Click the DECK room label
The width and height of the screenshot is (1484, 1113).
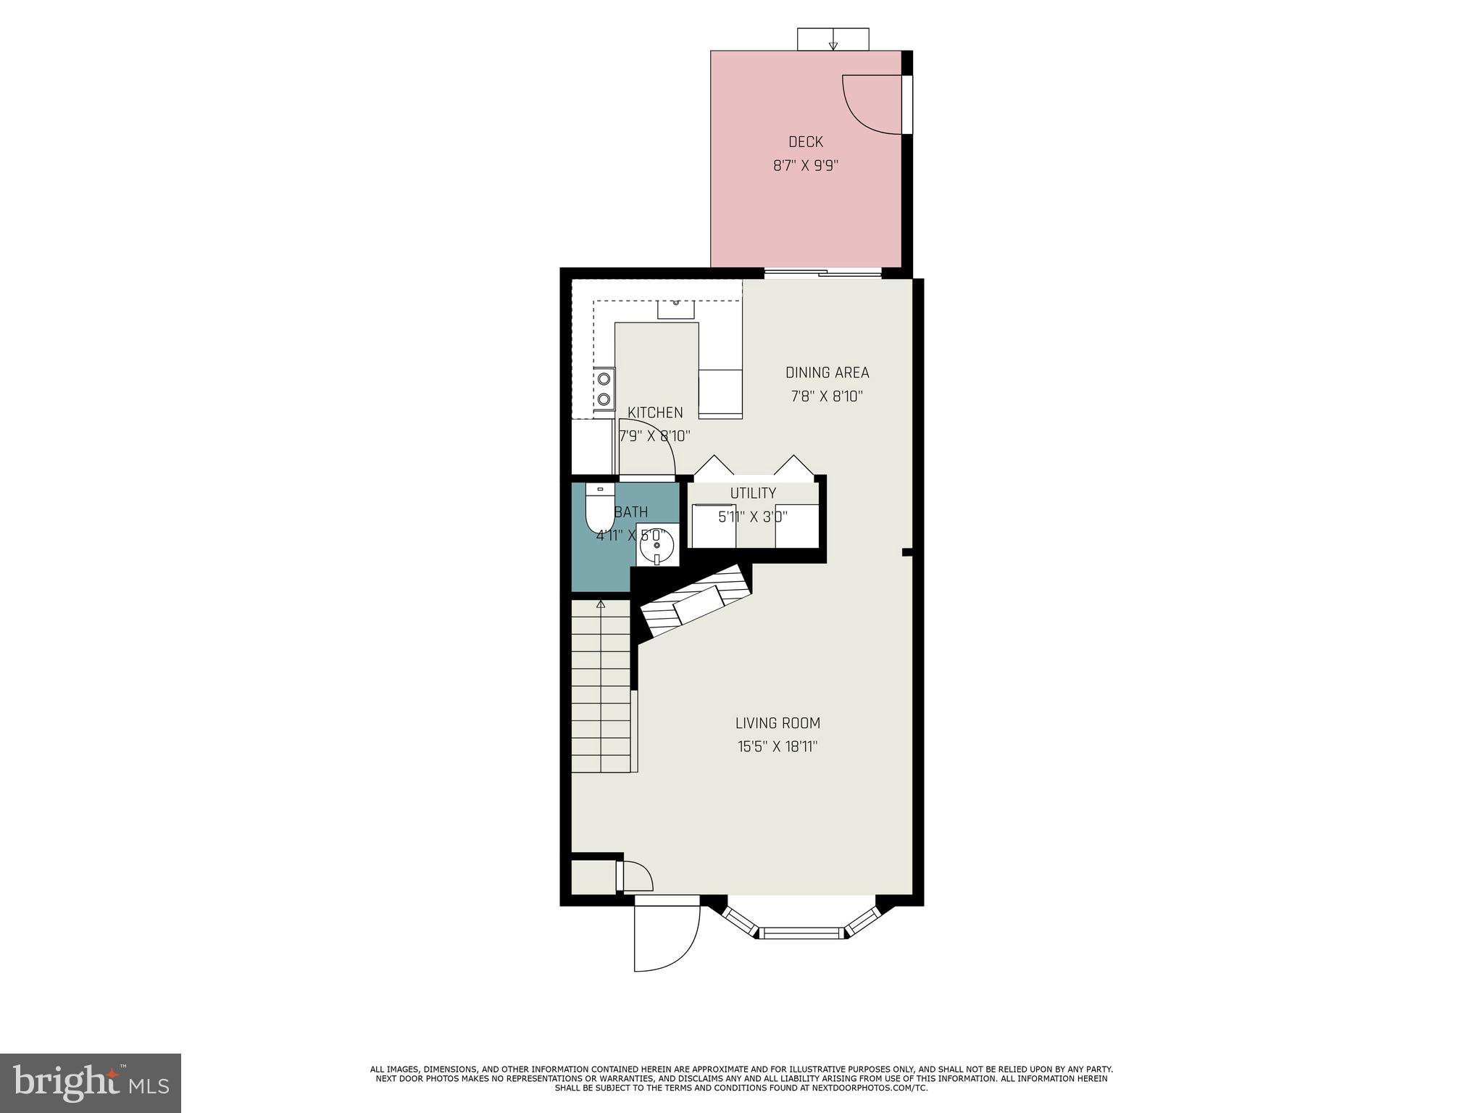[805, 142]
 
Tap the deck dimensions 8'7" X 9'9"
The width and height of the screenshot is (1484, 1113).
[805, 165]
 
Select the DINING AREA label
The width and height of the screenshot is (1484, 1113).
[827, 372]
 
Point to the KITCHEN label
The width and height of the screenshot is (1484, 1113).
[655, 412]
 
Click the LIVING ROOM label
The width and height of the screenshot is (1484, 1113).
[778, 722]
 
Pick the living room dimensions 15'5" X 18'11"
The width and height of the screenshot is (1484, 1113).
[778, 746]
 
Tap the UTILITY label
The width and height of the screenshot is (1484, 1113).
[753, 493]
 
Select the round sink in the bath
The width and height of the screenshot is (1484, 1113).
[657, 544]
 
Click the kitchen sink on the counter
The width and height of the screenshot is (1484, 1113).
[675, 309]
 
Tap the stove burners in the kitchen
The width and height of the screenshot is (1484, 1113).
[604, 388]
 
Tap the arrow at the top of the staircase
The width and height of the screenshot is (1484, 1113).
[601, 604]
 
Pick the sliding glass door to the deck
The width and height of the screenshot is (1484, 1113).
[823, 273]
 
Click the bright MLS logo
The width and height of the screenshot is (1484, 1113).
[90, 1083]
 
